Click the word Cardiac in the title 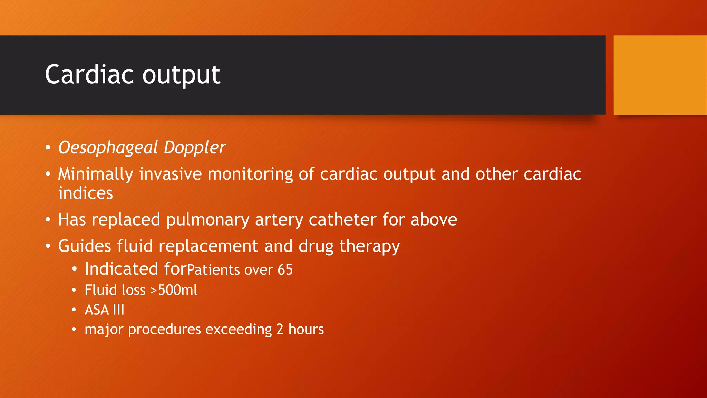click(89, 74)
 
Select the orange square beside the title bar click(660, 75)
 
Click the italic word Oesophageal click(108, 148)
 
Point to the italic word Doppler click(195, 148)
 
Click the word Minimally click(95, 174)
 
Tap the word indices click(85, 193)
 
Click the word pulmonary click(207, 220)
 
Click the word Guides click(85, 246)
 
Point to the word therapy click(369, 246)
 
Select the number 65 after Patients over click(285, 270)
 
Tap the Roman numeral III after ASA click(118, 310)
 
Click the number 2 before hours click(280, 330)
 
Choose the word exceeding click(239, 330)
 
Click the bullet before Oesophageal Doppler click(48, 148)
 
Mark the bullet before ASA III click(74, 310)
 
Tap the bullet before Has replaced click(48, 220)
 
